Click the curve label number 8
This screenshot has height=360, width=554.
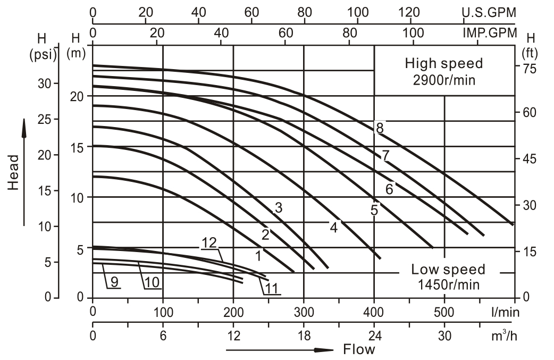(380, 128)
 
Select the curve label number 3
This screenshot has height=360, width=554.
(278, 208)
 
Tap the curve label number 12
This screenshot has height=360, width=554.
(209, 242)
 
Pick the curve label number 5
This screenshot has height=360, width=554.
(374, 210)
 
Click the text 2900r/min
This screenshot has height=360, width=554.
(444, 80)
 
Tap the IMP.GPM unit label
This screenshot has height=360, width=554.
(489, 33)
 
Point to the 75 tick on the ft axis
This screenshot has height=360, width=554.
(529, 68)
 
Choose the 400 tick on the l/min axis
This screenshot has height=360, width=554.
(374, 310)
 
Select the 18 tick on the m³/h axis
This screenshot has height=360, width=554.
(304, 336)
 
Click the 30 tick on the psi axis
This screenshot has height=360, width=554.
(47, 83)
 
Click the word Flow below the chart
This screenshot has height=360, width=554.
(359, 349)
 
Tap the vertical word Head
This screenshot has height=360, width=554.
(14, 172)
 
